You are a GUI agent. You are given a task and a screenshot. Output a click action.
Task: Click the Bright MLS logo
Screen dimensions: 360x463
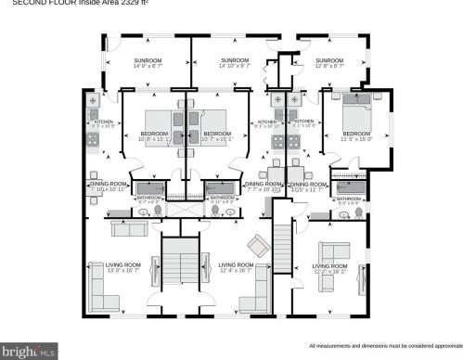tap(30, 351)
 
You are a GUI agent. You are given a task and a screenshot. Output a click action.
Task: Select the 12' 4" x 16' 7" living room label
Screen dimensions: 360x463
tap(236, 268)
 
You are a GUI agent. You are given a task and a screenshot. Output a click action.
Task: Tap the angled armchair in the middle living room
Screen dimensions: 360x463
tap(256, 245)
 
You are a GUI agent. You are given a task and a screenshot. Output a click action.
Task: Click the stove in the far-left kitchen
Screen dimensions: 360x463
tap(93, 140)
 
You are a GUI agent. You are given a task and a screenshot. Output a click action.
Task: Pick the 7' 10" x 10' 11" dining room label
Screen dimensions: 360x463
tap(106, 186)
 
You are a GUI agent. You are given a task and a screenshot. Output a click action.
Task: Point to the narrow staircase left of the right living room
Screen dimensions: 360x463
tap(283, 243)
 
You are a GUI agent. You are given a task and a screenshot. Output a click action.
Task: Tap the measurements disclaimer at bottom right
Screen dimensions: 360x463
tap(383, 344)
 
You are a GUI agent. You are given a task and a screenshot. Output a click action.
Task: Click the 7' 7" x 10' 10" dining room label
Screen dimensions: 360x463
tap(263, 186)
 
